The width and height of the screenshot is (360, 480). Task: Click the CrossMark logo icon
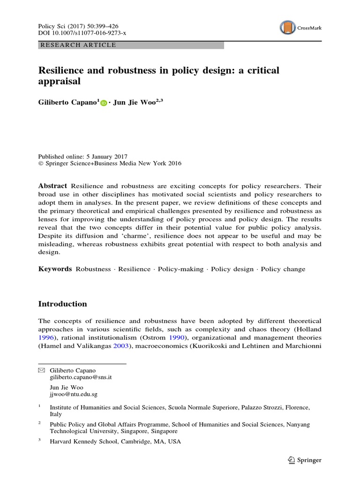pos(287,28)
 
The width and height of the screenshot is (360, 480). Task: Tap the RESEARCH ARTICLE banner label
pos(78,45)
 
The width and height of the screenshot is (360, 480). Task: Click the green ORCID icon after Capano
pos(104,102)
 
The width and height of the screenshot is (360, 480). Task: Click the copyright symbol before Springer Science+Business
pos(40,164)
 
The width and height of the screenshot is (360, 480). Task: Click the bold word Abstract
pos(52,186)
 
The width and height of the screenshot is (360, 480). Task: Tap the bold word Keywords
pos(55,269)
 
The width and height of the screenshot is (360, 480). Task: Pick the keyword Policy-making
pos(180,269)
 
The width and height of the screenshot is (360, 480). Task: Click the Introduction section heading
pos(62,304)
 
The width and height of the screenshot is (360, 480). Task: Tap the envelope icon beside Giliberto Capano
pos(41,370)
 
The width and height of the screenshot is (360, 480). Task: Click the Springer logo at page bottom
pos(305,460)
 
